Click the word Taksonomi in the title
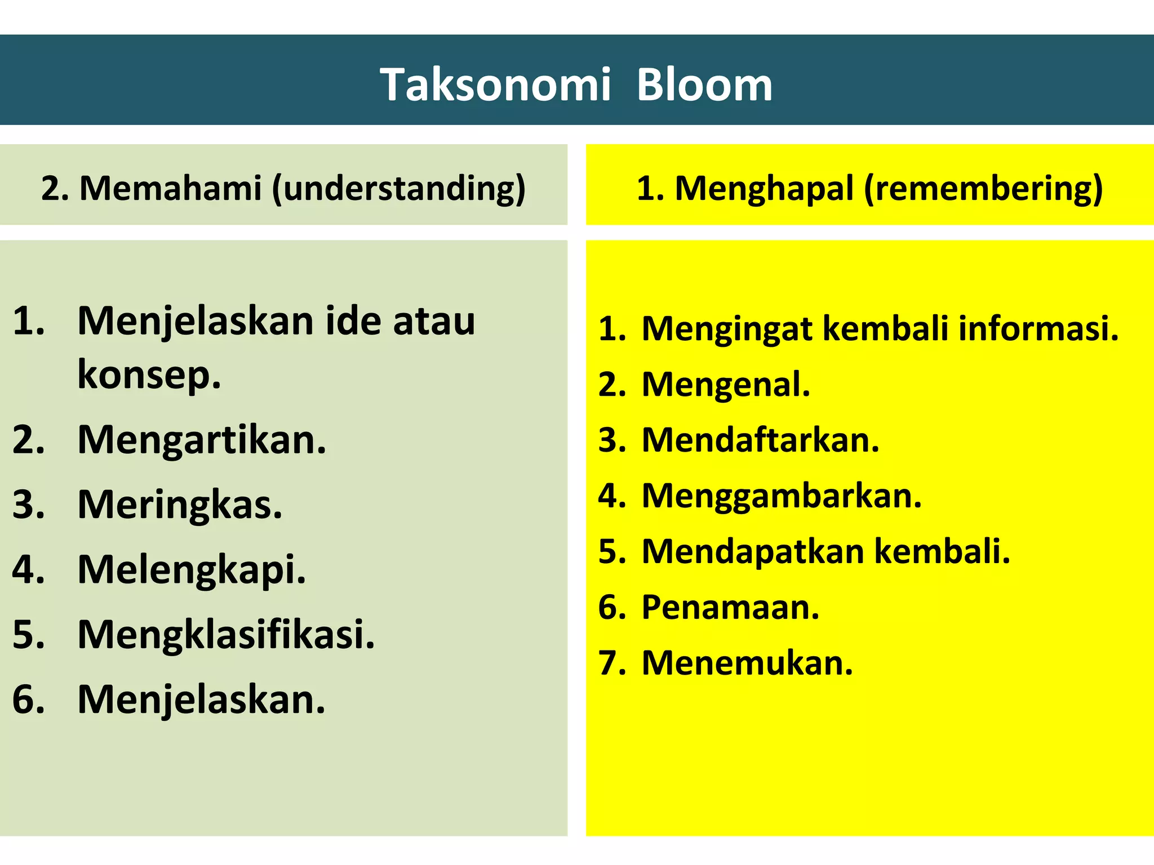click(x=495, y=85)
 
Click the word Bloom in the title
click(x=704, y=85)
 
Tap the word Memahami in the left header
click(x=170, y=188)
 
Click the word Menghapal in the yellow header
click(x=764, y=188)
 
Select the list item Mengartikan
click(x=202, y=440)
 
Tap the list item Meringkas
click(x=180, y=505)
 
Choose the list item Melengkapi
click(x=192, y=570)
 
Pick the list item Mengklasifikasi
click(x=226, y=635)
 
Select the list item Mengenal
click(x=726, y=385)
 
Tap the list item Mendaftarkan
click(x=760, y=440)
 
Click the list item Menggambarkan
click(x=782, y=496)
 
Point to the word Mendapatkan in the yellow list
click(x=753, y=551)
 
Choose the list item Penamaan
click(x=730, y=607)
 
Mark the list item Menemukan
click(x=747, y=663)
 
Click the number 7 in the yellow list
click(x=610, y=663)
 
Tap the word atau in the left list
click(x=434, y=321)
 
